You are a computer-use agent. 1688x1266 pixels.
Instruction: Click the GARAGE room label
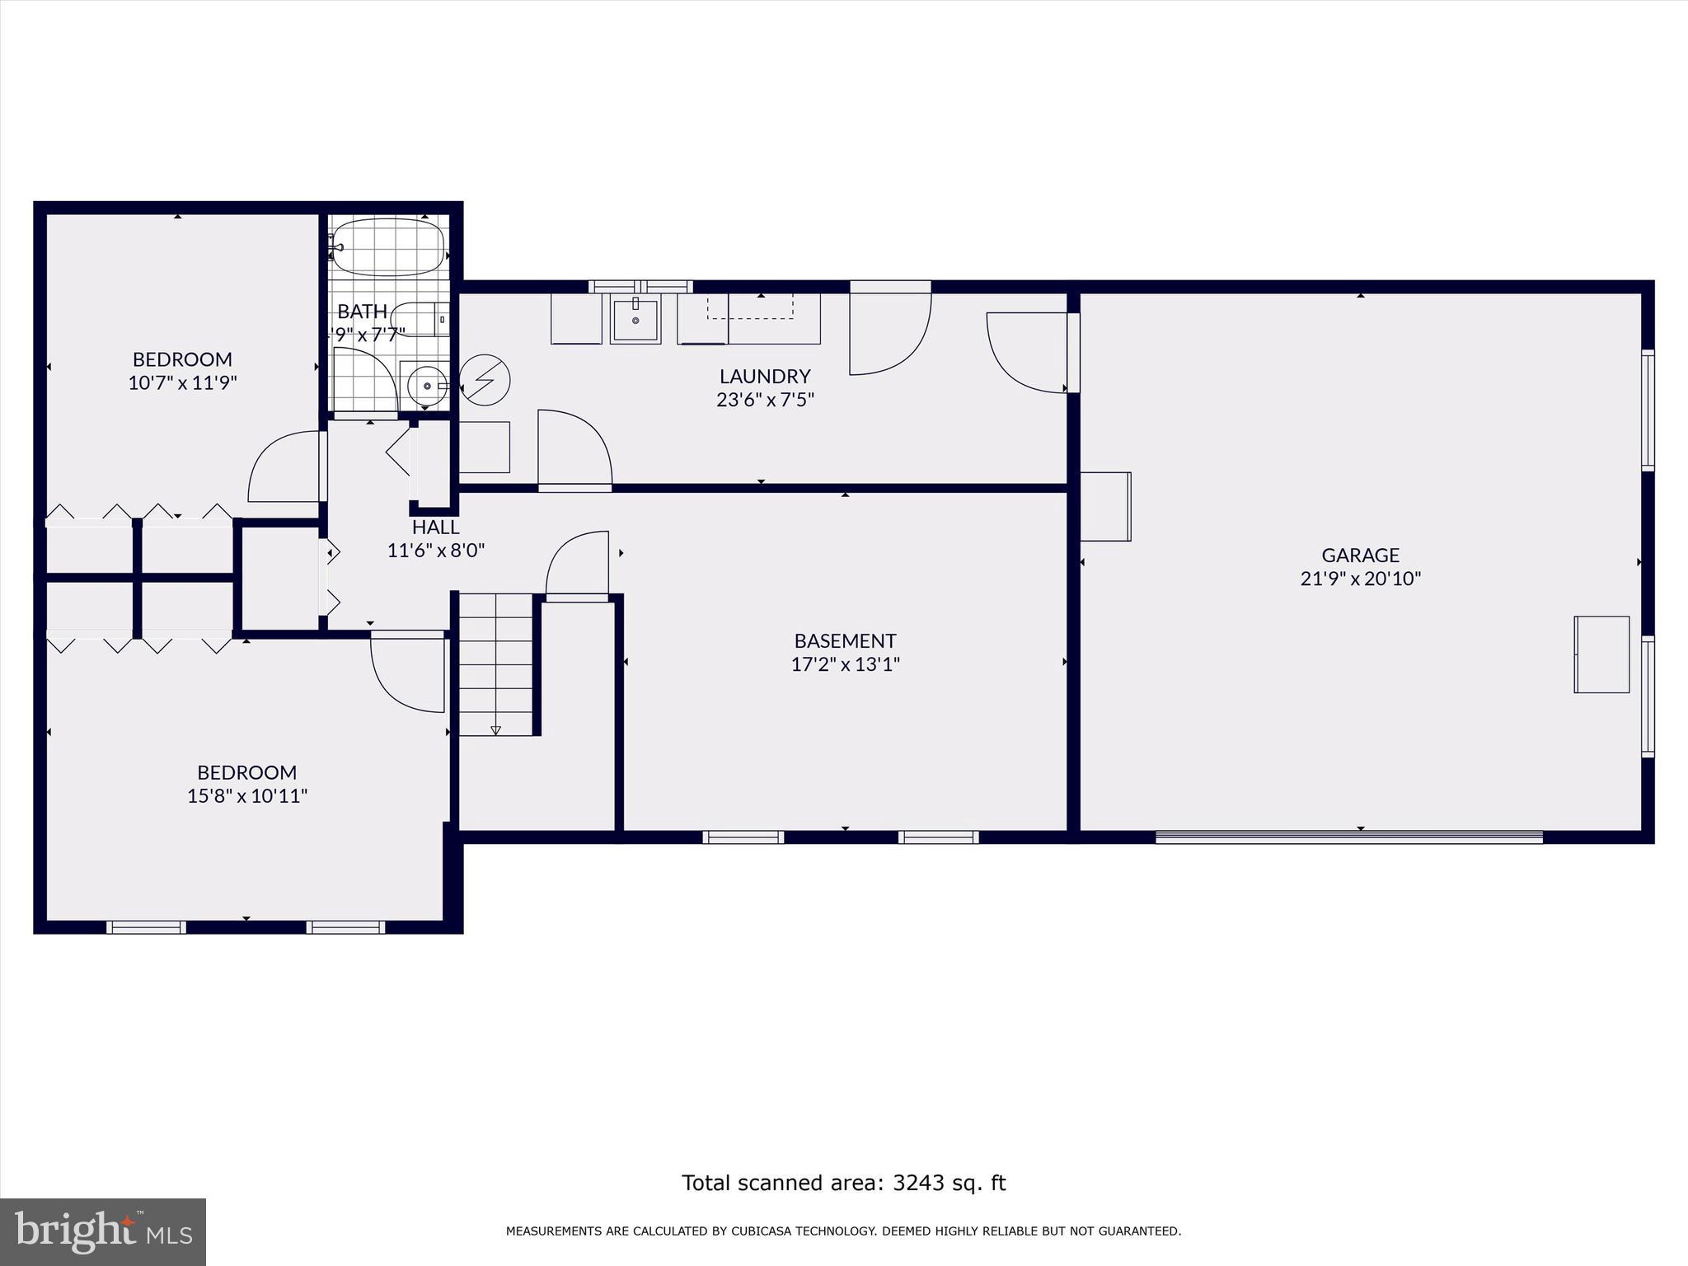pos(1360,556)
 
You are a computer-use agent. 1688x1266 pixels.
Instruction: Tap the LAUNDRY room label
pos(765,377)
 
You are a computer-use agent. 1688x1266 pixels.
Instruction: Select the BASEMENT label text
pos(845,641)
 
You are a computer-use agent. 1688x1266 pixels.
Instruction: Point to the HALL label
pos(436,527)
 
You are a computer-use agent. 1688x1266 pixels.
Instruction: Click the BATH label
pos(362,312)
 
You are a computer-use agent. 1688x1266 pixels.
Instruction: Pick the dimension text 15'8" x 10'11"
pos(247,796)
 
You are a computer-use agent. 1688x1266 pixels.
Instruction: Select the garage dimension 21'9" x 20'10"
pos(1360,579)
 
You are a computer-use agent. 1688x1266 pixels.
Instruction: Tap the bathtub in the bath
pos(387,246)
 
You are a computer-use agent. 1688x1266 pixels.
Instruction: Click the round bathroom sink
pos(427,385)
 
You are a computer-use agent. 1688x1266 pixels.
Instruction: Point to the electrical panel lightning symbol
pos(485,381)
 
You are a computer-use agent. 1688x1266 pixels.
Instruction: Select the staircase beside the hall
pos(495,664)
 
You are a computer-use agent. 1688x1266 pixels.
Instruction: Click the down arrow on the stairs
pos(495,730)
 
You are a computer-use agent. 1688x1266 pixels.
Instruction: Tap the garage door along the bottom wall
pos(1348,837)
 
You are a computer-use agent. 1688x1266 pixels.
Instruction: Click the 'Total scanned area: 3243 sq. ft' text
pos(844,1184)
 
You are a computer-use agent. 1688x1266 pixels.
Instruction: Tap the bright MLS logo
pos(103,1231)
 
